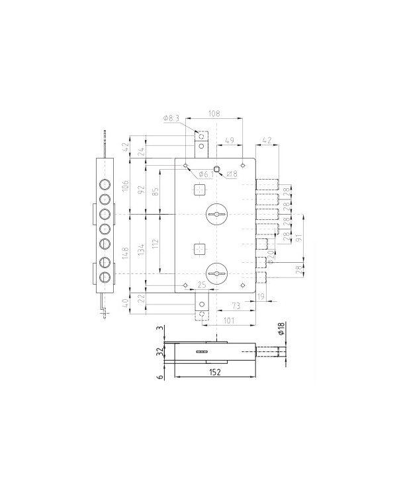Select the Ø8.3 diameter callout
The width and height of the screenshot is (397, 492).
(x=170, y=118)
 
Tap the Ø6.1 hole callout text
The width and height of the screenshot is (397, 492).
(x=205, y=174)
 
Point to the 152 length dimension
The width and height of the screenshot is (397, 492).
(x=214, y=372)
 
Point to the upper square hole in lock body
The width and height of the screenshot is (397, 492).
(x=199, y=190)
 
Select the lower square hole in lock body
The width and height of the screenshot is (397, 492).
(x=199, y=248)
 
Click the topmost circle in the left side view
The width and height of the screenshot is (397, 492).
(x=105, y=184)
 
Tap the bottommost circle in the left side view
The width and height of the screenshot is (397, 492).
(x=105, y=277)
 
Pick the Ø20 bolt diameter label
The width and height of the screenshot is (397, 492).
(x=271, y=254)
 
